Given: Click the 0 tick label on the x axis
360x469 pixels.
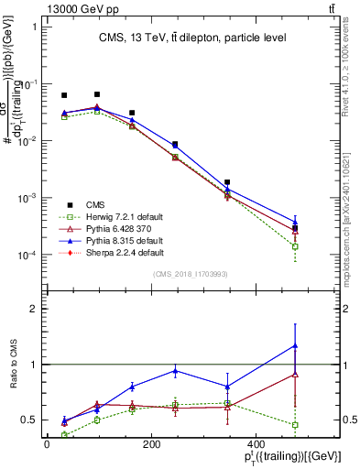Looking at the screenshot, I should pyautogui.click(x=48, y=443).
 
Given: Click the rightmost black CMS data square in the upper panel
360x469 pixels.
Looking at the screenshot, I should pyautogui.click(x=294, y=228).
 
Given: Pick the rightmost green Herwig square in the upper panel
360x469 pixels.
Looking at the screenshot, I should pyautogui.click(x=294, y=246).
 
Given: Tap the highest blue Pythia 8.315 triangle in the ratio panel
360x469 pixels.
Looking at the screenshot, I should pyautogui.click(x=294, y=345).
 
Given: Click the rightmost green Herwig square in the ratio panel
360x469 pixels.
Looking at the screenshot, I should pyautogui.click(x=294, y=425).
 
